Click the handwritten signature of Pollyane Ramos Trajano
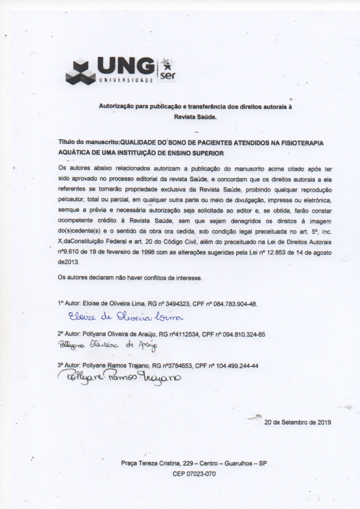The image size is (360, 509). point(120,378)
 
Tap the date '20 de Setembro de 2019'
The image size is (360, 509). point(297,423)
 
